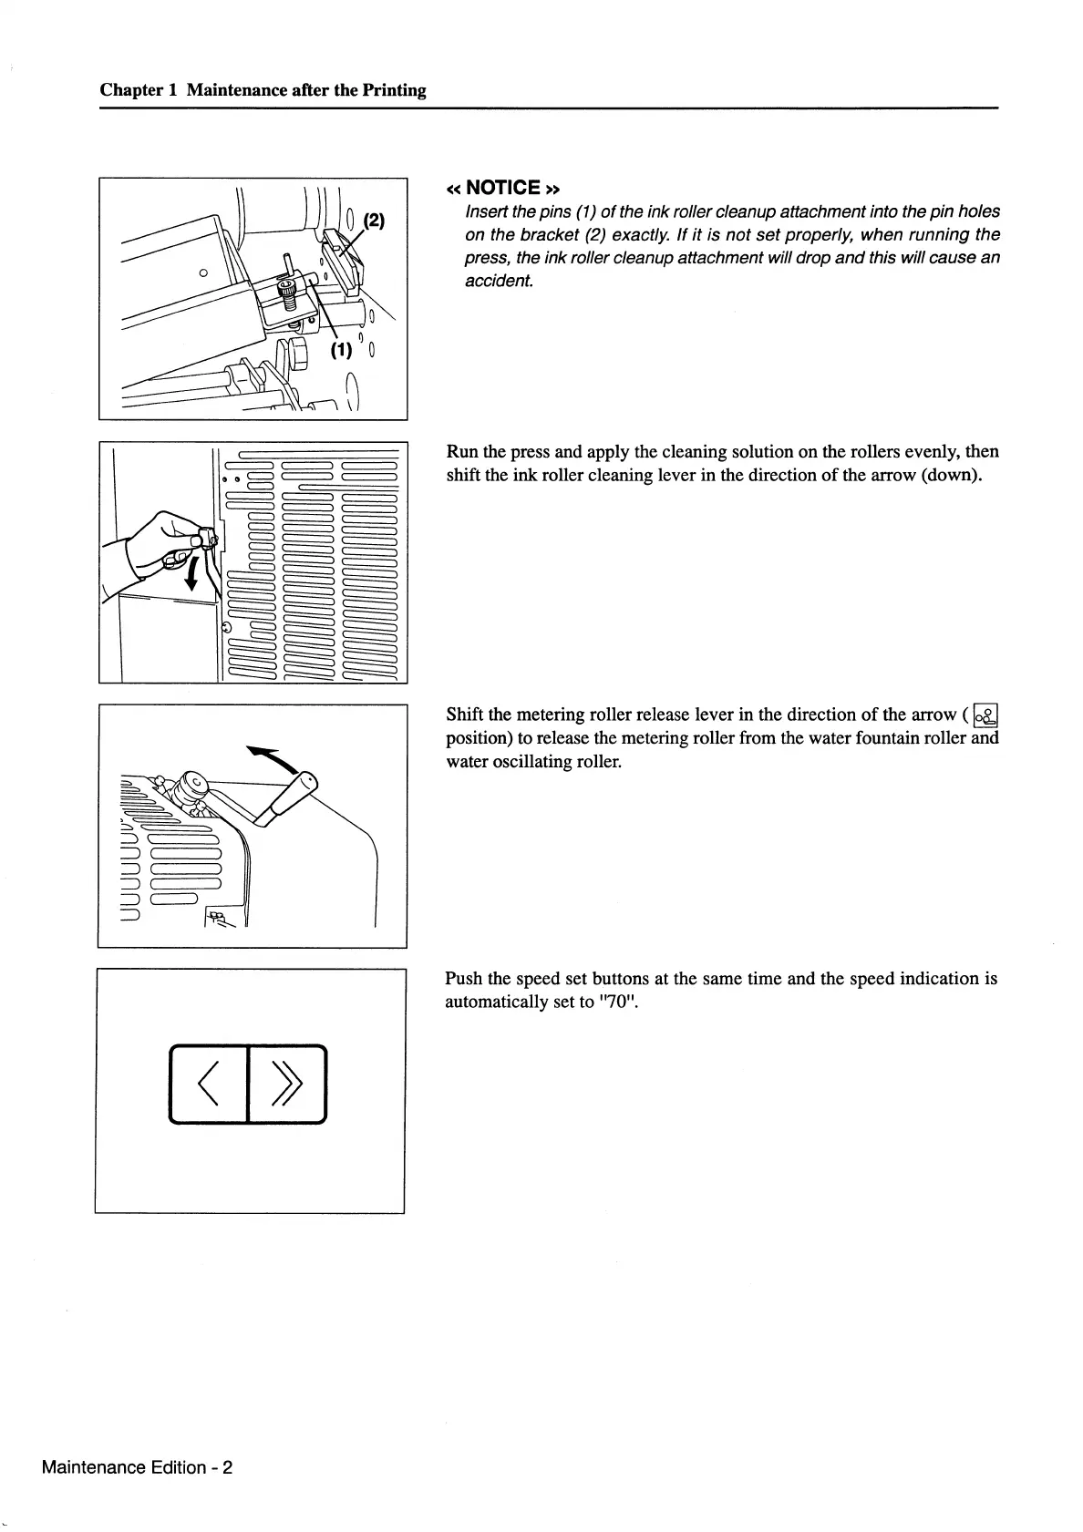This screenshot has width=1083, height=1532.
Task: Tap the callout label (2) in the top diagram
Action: point(375,221)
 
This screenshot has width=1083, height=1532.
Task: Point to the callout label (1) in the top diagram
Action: point(341,350)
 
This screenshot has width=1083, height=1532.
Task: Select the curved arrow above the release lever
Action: point(275,759)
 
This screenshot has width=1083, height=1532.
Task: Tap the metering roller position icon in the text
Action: point(985,715)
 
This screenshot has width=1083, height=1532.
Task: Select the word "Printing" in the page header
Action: point(395,90)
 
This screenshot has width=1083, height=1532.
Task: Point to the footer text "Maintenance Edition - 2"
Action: point(137,1467)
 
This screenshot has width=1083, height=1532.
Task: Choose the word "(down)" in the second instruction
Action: point(950,475)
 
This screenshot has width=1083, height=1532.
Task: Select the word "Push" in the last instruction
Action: point(464,979)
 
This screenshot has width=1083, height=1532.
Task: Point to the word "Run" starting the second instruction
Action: point(462,452)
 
